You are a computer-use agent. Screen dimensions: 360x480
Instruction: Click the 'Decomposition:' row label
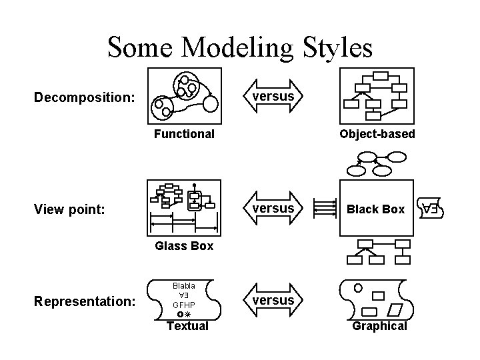point(85,98)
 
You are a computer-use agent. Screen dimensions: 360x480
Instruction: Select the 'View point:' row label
point(69,209)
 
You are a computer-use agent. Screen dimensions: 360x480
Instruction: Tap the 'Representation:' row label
point(85,301)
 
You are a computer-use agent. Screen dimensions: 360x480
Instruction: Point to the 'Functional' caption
point(184,134)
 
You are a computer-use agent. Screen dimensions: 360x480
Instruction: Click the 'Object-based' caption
point(377,134)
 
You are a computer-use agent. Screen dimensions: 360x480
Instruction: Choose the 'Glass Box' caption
point(184,246)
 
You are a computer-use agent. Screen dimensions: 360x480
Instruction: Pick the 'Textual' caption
point(187,326)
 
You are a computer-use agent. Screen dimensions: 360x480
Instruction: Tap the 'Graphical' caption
point(379,326)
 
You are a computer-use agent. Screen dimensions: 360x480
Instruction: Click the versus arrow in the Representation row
point(273,301)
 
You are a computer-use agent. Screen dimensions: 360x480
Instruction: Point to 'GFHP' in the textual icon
point(184,303)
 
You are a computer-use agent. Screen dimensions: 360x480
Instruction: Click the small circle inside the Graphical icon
point(359,288)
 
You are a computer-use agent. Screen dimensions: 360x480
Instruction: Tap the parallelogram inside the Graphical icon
point(396,309)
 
